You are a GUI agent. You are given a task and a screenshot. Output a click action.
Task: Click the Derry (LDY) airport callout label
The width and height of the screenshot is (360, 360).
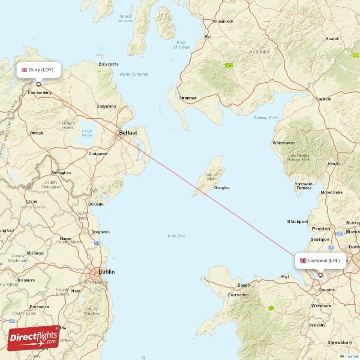pyautogui.click(x=39, y=70)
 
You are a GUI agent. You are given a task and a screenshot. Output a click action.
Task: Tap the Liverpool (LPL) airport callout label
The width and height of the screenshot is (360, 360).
pyautogui.click(x=321, y=261)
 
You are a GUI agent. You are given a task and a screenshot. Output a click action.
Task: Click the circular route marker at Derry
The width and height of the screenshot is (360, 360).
pyautogui.click(x=39, y=84)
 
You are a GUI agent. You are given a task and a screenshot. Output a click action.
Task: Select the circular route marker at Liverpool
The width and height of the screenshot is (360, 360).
pyautogui.click(x=321, y=274)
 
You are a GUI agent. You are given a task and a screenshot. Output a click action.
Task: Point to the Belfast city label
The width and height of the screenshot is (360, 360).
pyautogui.click(x=128, y=133)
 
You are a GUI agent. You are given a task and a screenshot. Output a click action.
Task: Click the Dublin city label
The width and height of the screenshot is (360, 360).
pyautogui.click(x=107, y=272)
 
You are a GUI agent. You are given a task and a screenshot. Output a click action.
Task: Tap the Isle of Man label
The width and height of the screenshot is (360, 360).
pyautogui.click(x=211, y=177)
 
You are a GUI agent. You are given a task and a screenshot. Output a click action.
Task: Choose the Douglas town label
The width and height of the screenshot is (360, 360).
pyautogui.click(x=221, y=188)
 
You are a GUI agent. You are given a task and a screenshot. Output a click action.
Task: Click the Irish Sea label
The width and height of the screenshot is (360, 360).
pyautogui.click(x=176, y=236)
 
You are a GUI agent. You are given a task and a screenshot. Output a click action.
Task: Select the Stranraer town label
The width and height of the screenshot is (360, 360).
pyautogui.click(x=188, y=98)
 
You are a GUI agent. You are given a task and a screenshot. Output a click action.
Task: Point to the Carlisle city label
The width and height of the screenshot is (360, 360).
pyautogui.click(x=323, y=99)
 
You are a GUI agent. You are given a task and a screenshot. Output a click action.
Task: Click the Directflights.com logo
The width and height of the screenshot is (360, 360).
pyautogui.click(x=34, y=337)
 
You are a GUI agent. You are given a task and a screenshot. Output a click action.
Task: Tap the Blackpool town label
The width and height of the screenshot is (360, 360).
pyautogui.click(x=297, y=221)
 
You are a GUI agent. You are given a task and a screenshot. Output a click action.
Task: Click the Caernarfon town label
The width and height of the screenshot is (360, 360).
pyautogui.click(x=238, y=295)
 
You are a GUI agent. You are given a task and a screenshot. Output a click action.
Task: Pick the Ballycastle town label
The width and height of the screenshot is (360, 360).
pyautogui.click(x=108, y=64)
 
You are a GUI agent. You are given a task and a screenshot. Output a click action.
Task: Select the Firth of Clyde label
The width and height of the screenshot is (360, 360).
pyautogui.click(x=181, y=45)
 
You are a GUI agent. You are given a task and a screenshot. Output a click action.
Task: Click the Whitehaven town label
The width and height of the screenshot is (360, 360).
pyautogui.click(x=283, y=143)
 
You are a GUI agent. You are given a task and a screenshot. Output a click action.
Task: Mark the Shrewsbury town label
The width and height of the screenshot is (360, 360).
pyautogui.click(x=340, y=342)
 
